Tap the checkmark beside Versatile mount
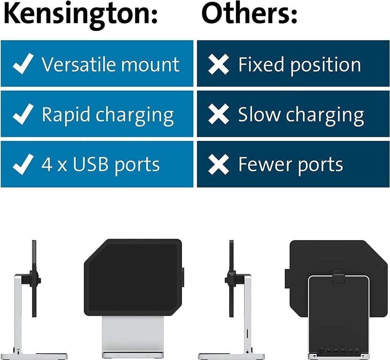pyautogui.click(x=23, y=64)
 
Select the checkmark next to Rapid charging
pyautogui.click(x=23, y=114)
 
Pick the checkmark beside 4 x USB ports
pyautogui.click(x=23, y=164)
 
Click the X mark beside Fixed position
pyautogui.click(x=219, y=64)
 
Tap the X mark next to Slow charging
pyautogui.click(x=219, y=114)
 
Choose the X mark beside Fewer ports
pyautogui.click(x=219, y=165)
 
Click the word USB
pyautogui.click(x=91, y=164)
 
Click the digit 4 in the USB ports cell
pyautogui.click(x=47, y=164)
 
